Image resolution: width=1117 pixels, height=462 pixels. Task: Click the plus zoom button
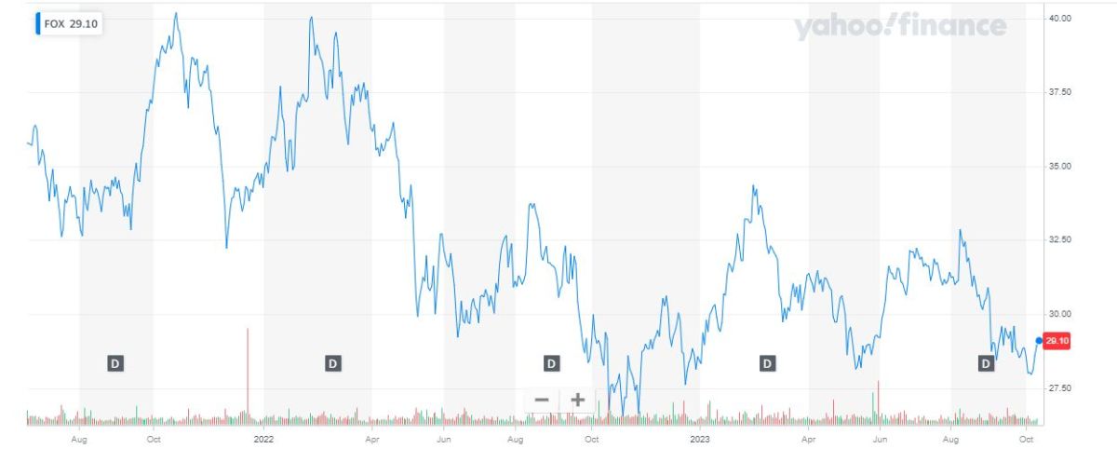tap(577, 400)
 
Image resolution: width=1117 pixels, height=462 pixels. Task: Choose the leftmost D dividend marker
tap(115, 363)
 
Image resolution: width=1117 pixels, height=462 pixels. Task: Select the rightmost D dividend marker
tap(986, 363)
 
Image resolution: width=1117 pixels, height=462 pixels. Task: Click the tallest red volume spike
tap(248, 373)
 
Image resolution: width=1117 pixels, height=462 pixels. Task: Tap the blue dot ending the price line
tap(1038, 340)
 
